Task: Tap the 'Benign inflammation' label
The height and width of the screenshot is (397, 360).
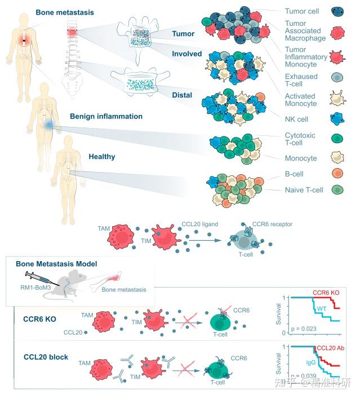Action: click(x=106, y=117)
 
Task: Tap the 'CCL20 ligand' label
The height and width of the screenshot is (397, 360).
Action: click(x=200, y=224)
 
